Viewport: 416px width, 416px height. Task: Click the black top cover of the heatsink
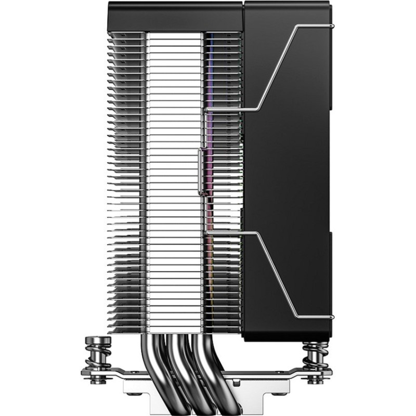coord(174,16)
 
